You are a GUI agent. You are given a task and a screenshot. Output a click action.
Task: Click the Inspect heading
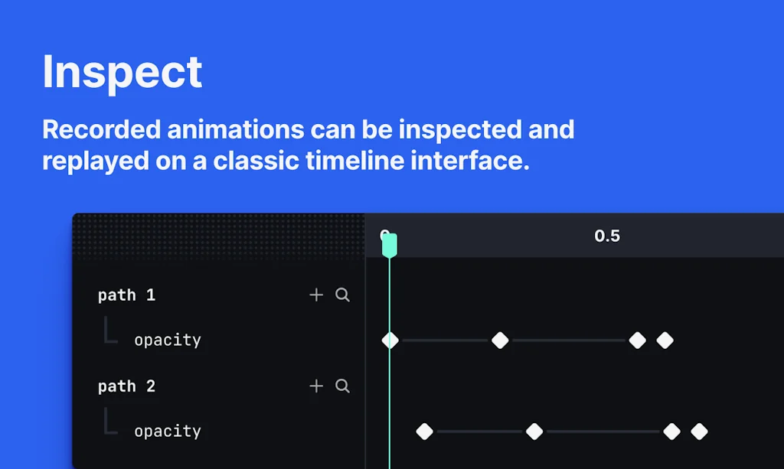pyautogui.click(x=122, y=72)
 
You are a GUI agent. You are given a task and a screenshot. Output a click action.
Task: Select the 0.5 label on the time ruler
pyautogui.click(x=607, y=236)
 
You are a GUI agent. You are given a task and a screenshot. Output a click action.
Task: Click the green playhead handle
pyautogui.click(x=389, y=245)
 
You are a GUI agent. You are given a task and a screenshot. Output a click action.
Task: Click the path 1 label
pyautogui.click(x=126, y=295)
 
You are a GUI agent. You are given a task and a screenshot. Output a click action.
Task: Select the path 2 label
pyautogui.click(x=126, y=386)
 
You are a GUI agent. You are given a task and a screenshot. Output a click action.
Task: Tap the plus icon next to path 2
pyautogui.click(x=316, y=386)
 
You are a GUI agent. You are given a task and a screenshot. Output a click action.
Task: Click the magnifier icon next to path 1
pyautogui.click(x=342, y=295)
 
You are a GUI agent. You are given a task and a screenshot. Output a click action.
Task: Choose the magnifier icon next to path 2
pyautogui.click(x=342, y=386)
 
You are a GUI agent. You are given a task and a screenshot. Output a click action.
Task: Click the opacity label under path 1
pyautogui.click(x=167, y=340)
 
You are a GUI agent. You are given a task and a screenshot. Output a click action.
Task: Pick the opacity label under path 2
pyautogui.click(x=167, y=432)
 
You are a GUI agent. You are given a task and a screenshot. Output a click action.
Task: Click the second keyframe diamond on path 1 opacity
pyautogui.click(x=500, y=340)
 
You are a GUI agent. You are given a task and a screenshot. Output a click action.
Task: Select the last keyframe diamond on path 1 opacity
pyautogui.click(x=665, y=340)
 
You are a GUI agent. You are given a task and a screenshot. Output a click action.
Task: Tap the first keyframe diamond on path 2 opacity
pyautogui.click(x=424, y=432)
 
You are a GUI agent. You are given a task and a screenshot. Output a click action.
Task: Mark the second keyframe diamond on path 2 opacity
pyautogui.click(x=534, y=432)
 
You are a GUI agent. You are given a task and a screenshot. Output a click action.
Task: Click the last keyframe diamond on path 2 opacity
pyautogui.click(x=699, y=432)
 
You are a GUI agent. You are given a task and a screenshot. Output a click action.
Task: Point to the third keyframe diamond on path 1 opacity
pyautogui.click(x=637, y=340)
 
